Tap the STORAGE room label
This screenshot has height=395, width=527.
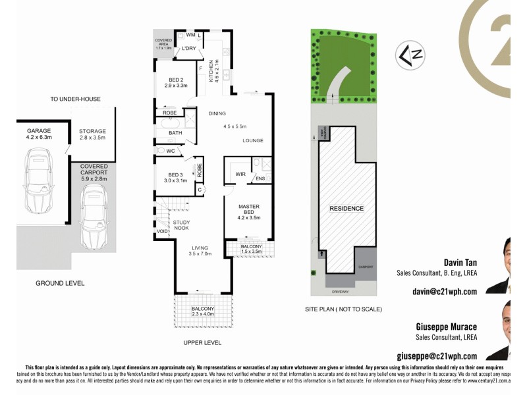coord(92,131)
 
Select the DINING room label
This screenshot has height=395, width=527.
coord(217,113)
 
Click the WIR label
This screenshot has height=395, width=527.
coord(240,174)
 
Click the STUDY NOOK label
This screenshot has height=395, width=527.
coord(181,226)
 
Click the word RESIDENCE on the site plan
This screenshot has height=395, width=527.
coord(346,209)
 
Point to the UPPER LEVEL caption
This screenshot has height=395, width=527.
coord(202,343)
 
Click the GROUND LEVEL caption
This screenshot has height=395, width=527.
coord(60,283)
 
